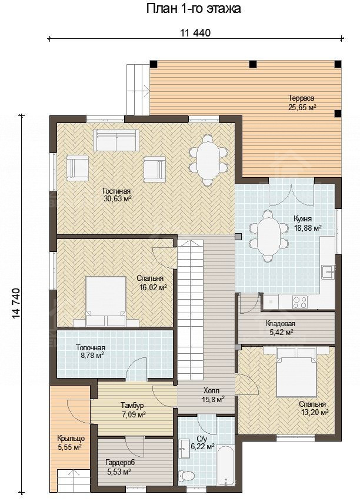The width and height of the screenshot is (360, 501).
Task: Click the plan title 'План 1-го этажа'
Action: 194,9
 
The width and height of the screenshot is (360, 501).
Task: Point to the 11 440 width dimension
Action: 195,33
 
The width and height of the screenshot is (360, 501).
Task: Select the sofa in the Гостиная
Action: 116,140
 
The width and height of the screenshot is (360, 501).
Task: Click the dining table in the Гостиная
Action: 208,160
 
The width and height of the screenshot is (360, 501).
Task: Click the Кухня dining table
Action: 269,236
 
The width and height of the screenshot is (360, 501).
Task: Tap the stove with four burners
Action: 300,301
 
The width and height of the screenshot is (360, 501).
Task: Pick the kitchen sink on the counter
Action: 328,272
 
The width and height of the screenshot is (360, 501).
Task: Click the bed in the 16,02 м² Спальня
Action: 106,301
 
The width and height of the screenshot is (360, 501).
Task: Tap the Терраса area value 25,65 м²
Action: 302,107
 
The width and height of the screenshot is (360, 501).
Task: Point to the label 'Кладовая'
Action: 280,323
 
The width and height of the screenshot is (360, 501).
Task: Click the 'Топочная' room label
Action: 91,347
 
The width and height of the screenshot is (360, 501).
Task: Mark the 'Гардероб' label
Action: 120,462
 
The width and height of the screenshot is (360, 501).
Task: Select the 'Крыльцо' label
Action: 71,439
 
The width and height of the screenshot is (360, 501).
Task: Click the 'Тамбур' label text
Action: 132,406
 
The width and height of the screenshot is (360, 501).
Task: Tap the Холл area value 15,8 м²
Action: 213,399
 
